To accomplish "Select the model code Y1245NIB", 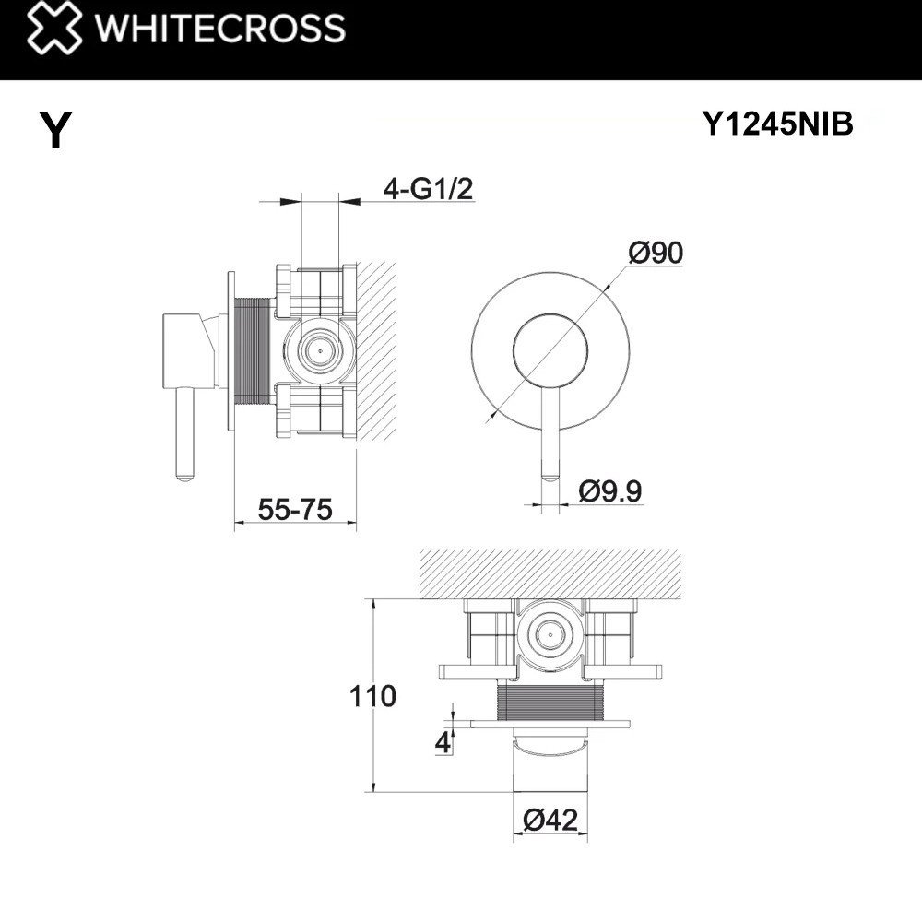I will [x=778, y=124].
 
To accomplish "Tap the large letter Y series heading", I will [x=56, y=131].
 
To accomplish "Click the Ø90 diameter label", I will [x=655, y=252].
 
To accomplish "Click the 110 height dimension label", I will [x=372, y=695].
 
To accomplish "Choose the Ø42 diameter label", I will [x=550, y=819].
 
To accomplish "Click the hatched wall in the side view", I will [x=376, y=350].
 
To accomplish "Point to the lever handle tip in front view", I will [x=550, y=474].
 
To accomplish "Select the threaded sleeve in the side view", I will [x=252, y=351].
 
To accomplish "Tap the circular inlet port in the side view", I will [x=319, y=351].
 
